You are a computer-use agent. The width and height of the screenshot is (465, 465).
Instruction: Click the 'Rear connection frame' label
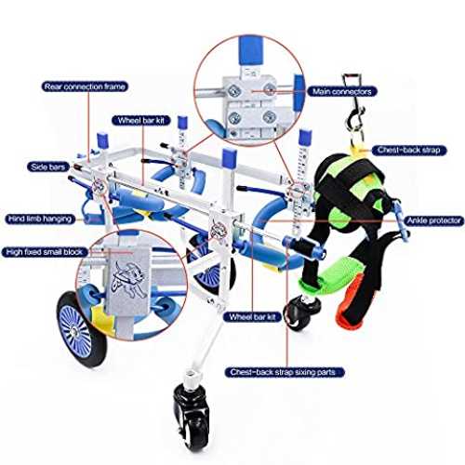[85, 86]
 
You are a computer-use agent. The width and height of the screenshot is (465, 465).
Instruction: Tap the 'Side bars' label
[48, 167]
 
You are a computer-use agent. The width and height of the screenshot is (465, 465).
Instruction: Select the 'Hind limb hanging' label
[40, 219]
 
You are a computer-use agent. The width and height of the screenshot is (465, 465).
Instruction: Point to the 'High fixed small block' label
[45, 252]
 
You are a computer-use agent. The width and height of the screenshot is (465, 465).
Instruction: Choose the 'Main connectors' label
[342, 91]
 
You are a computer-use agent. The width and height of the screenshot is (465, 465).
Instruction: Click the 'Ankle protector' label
[434, 220]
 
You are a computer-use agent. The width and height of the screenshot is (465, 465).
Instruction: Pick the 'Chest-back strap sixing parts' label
[285, 372]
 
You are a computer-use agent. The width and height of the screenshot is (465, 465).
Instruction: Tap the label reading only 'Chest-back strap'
[409, 151]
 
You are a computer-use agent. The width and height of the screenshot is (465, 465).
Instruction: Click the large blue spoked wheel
[81, 329]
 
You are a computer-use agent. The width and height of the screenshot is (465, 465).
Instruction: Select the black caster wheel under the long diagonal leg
[192, 418]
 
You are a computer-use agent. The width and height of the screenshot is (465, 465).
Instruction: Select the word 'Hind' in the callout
[16, 219]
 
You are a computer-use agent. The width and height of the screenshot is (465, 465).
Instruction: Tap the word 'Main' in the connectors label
[321, 91]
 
